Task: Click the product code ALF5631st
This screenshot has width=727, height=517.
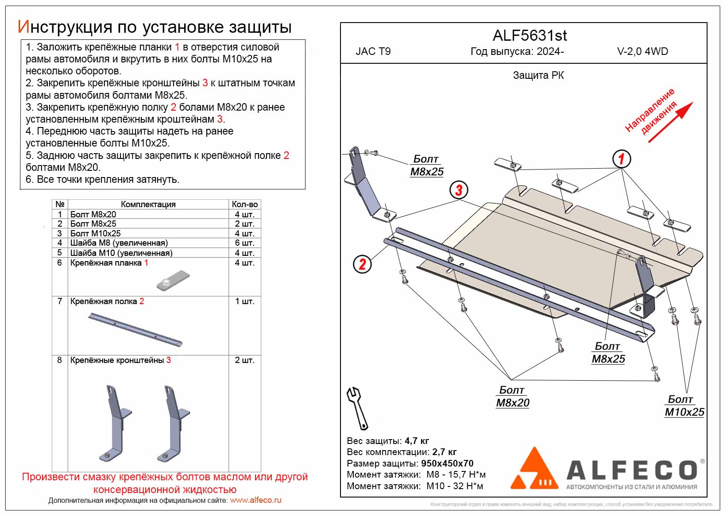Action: click(530, 35)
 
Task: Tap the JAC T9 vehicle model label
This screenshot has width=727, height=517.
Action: click(373, 51)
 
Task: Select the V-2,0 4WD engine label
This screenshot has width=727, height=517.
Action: click(642, 51)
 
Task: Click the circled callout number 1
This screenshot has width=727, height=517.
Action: click(621, 158)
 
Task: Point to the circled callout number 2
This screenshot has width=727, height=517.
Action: click(362, 264)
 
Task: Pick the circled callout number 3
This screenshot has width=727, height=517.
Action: click(459, 190)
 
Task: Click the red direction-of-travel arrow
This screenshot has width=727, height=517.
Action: click(670, 122)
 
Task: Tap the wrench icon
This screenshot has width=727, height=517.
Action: click(357, 408)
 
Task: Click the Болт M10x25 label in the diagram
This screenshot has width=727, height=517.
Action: click(684, 406)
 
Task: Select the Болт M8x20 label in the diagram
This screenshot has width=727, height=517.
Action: click(512, 397)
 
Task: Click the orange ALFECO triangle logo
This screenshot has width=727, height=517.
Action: click(534, 470)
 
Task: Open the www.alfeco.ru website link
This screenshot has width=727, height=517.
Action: click(255, 500)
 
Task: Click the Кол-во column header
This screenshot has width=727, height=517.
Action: click(244, 204)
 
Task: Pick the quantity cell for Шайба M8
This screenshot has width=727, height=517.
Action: click(244, 243)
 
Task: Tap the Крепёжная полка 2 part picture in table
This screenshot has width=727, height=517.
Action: click(135, 329)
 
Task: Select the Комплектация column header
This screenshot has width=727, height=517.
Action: click(148, 204)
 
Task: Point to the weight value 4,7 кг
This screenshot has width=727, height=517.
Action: click(417, 441)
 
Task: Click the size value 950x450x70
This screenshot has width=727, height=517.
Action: click(447, 463)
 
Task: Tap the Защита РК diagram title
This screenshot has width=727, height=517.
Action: click(538, 75)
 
